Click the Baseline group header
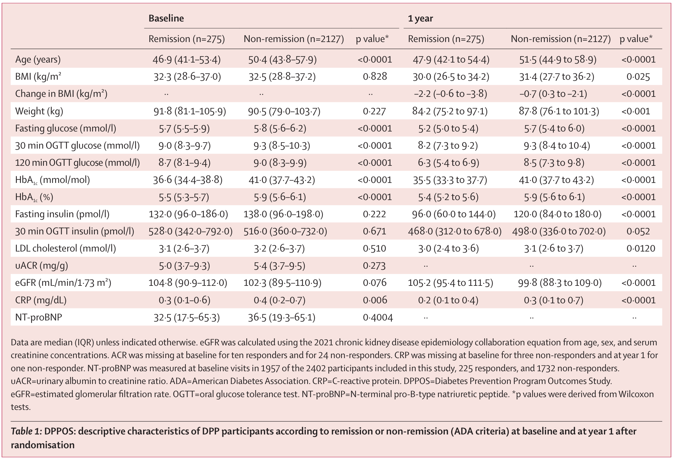coord(166,18)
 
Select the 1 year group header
coord(420,18)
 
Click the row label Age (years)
coord(38,60)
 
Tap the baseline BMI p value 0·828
coord(375,77)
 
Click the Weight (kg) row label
coord(39,111)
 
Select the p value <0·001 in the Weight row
coord(636,111)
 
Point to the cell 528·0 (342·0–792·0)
coord(190,231)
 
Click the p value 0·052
coord(638,231)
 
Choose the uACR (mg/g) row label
coord(41,266)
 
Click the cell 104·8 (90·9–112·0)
coord(188,283)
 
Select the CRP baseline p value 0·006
coord(375,300)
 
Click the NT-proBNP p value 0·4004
coord(378,317)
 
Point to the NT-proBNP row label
coord(38,317)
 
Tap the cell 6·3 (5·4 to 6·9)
coord(449,163)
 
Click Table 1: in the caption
coord(26,431)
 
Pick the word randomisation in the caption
coord(43,445)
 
